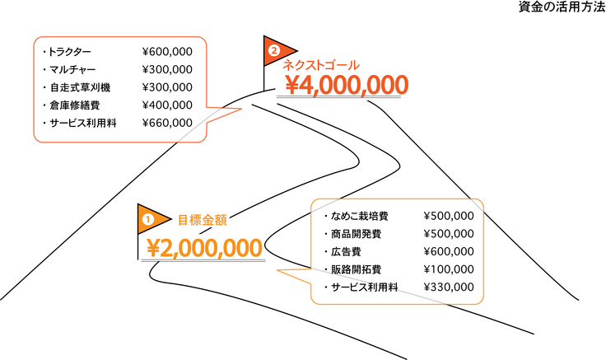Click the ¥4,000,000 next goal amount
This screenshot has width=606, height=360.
(347, 85)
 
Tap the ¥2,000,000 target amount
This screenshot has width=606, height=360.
(205, 247)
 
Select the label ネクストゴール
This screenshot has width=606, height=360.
(321, 64)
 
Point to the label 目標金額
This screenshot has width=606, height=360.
(203, 220)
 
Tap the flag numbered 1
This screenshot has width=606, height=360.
(149, 219)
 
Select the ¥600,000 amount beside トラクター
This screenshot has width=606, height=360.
(167, 51)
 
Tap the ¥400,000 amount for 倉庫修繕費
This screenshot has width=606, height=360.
(167, 105)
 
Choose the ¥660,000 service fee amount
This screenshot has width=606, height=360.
(167, 124)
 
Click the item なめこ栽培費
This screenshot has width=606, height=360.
(360, 216)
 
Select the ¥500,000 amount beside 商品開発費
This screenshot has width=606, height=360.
(448, 234)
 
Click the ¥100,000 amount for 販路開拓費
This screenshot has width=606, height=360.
(448, 269)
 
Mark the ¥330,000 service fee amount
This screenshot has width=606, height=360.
(448, 288)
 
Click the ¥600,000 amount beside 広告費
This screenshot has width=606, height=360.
(448, 252)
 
